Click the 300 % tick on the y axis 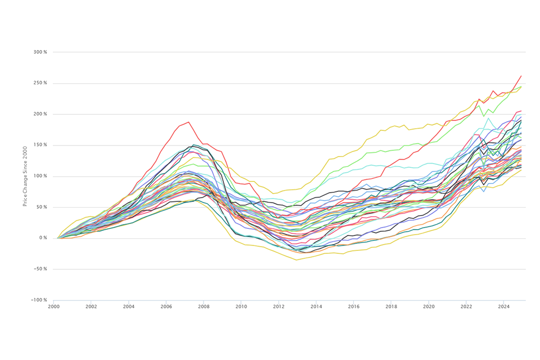(40, 52)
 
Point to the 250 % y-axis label (40, 83)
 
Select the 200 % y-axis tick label (40, 114)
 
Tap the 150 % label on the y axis (40, 145)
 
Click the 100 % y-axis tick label (40, 176)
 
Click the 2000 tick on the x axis (54, 306)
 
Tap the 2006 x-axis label (166, 306)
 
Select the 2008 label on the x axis (204, 306)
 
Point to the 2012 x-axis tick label (278, 306)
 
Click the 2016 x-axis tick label (353, 306)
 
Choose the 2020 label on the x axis (429, 306)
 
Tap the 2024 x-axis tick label (504, 306)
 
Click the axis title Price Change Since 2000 (25, 176)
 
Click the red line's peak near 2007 (188, 122)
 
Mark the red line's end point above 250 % (521, 76)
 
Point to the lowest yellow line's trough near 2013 (296, 260)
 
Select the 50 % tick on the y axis (42, 207)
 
